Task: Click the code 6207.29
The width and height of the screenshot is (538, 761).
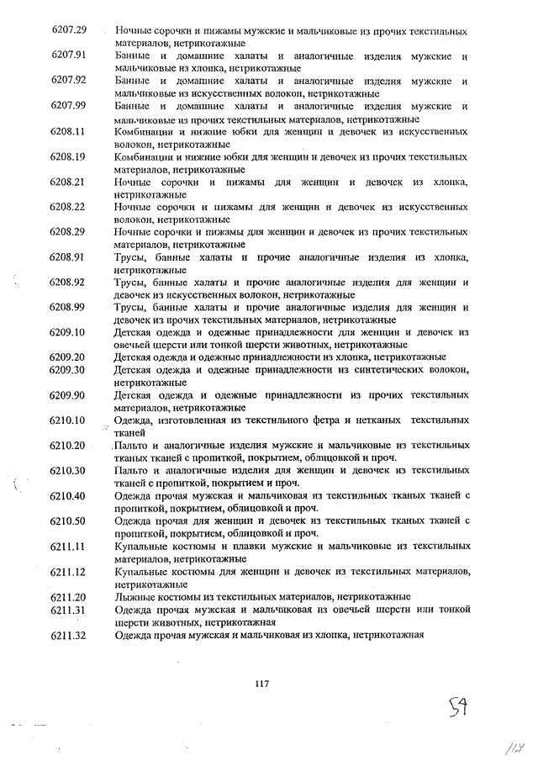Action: point(70,30)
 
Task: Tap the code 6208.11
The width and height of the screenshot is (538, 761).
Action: point(70,132)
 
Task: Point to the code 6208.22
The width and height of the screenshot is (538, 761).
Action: point(70,206)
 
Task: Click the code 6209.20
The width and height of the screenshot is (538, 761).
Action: point(70,357)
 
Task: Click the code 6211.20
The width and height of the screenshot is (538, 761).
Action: point(70,596)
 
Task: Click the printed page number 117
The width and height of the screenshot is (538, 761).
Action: point(261,684)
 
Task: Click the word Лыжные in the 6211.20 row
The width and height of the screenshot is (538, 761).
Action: point(134,596)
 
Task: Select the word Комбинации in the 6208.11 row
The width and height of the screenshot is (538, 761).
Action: point(143,132)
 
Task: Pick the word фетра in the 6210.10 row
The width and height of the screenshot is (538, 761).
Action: point(329,419)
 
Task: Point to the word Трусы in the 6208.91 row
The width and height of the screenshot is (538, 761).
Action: point(129,256)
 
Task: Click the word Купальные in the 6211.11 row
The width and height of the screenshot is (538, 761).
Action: point(140,546)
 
